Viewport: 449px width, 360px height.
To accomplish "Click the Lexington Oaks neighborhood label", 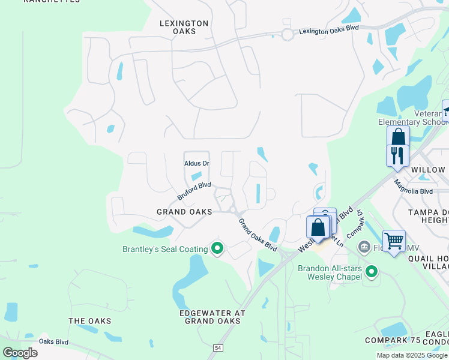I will click(184, 27).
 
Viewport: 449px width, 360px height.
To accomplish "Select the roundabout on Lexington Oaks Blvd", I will click(288, 35).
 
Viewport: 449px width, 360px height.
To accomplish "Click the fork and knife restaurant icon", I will click(397, 155).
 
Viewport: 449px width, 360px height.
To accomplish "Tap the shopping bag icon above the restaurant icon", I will click(398, 137).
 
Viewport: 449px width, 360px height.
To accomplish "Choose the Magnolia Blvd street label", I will click(413, 187).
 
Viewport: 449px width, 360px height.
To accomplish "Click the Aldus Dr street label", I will click(196, 163).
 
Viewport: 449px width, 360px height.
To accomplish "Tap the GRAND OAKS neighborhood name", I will click(184, 212).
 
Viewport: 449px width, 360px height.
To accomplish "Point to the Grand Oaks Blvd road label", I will click(258, 235).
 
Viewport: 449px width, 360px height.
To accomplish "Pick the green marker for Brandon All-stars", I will click(372, 272).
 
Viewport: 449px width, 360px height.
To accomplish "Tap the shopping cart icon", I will click(394, 241).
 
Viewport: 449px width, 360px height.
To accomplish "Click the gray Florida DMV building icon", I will click(364, 248).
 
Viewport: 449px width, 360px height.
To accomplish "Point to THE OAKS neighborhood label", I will click(89, 321).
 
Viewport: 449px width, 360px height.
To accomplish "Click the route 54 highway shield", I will click(217, 347).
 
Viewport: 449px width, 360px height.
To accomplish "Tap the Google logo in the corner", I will click(20, 353).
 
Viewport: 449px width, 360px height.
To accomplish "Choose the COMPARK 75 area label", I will click(393, 340).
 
